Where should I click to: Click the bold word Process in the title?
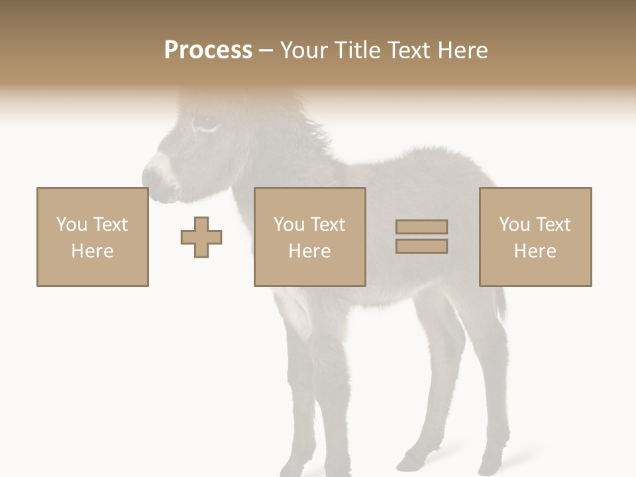[x=208, y=50]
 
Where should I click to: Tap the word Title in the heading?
[x=357, y=50]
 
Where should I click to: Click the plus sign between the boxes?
[x=201, y=237]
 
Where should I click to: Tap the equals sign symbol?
[x=421, y=237]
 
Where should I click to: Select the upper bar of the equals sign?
[x=421, y=227]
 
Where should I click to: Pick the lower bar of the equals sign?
[x=421, y=246]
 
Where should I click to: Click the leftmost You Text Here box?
[x=93, y=237]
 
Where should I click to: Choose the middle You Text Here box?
[x=309, y=237]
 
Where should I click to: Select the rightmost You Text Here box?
[x=535, y=237]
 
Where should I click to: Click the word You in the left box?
[x=72, y=225]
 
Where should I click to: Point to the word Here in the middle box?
[x=309, y=251]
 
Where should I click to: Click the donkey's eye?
[x=203, y=123]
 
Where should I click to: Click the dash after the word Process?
[x=266, y=51]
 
